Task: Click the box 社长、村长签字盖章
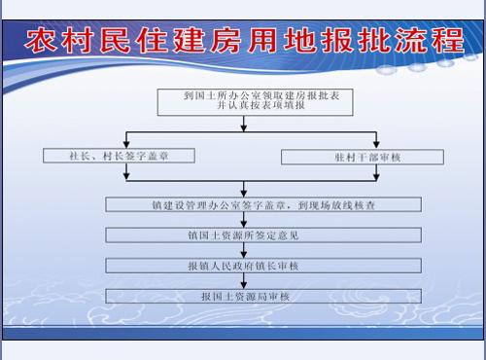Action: click(119, 156)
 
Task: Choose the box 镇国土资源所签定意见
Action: click(263, 234)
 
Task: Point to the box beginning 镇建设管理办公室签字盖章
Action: click(263, 204)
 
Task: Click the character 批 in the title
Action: click(364, 44)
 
